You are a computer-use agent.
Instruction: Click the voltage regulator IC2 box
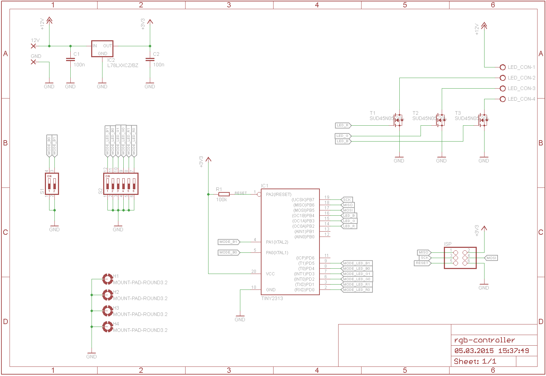point(102,49)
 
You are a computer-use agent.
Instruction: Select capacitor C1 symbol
point(70,60)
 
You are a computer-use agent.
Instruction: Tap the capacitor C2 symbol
point(150,60)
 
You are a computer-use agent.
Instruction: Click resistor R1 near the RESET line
point(224,194)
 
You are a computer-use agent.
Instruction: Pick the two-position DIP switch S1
point(52,184)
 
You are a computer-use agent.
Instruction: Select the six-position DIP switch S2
point(121,184)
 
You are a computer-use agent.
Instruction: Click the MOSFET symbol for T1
point(398,120)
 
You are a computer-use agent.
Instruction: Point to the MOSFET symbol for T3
point(483,120)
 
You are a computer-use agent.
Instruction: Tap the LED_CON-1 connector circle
point(503,67)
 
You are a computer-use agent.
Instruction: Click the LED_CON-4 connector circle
point(503,99)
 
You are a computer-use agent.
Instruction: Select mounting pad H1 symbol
point(107,279)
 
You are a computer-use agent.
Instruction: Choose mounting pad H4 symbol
point(107,327)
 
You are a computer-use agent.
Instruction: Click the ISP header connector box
point(460,258)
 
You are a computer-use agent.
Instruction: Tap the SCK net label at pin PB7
point(347,200)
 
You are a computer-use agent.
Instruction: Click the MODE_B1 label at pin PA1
point(229,242)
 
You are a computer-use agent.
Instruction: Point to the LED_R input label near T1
point(343,125)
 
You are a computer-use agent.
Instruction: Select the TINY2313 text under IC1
point(272,298)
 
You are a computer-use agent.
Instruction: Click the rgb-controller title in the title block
point(485,340)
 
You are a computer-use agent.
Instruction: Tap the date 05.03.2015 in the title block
point(474,351)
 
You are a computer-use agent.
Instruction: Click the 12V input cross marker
point(34,46)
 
